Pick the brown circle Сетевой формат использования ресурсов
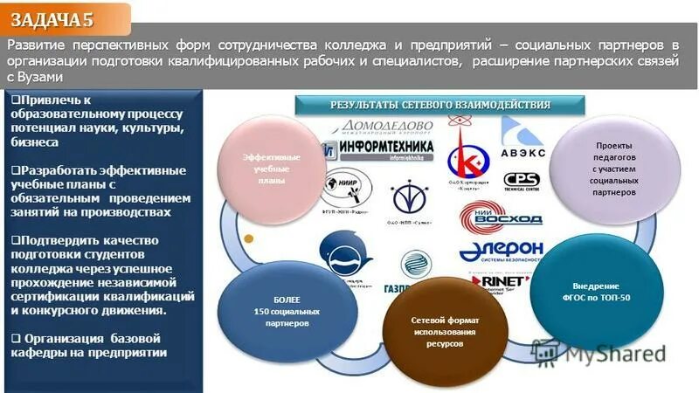point(445,329)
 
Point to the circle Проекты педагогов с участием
point(612,168)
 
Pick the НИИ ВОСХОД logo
point(495,214)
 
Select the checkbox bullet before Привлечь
point(17,101)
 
